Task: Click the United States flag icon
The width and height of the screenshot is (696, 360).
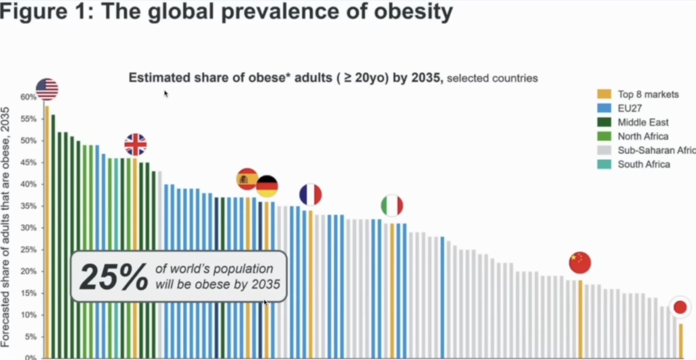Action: [47, 89]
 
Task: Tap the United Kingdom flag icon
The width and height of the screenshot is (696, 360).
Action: [135, 145]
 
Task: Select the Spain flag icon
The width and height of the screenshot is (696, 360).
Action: [247, 179]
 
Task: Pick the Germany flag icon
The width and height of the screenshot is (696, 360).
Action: [267, 187]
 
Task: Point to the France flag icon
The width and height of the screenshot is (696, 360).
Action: [310, 195]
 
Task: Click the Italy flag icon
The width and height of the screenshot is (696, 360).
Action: [392, 206]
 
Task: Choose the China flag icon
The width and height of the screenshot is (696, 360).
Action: [580, 263]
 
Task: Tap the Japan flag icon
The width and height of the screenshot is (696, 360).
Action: [680, 307]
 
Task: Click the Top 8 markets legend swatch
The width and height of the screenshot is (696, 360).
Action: [604, 94]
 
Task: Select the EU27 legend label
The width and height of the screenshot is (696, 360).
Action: [630, 108]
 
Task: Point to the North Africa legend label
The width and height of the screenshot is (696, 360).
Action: [643, 136]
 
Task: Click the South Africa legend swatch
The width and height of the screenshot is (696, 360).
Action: [604, 164]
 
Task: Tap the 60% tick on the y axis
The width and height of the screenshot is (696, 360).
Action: [28, 97]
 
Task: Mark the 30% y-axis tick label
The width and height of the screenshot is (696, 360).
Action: [28, 228]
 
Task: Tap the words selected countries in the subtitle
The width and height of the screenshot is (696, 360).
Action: [492, 78]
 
